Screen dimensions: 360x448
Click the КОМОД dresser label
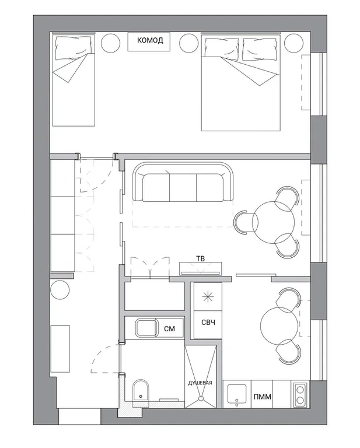[150, 40]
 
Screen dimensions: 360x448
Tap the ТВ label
[201, 258]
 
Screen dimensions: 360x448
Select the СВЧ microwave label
[208, 323]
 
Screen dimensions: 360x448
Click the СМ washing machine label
[169, 329]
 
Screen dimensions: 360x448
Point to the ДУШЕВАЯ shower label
[200, 383]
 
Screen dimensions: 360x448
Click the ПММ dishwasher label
[263, 397]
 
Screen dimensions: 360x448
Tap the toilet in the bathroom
[141, 390]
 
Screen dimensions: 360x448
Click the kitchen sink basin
[237, 394]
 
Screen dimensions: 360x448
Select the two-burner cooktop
[300, 394]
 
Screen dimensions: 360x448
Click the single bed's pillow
[74, 47]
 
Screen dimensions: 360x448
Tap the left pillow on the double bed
[222, 49]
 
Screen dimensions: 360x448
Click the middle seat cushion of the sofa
[183, 188]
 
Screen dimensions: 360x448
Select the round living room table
[273, 222]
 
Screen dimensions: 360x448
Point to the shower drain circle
[201, 398]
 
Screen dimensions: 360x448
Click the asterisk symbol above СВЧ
[208, 297]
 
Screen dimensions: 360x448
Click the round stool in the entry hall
[60, 289]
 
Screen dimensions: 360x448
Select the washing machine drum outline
[147, 328]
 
